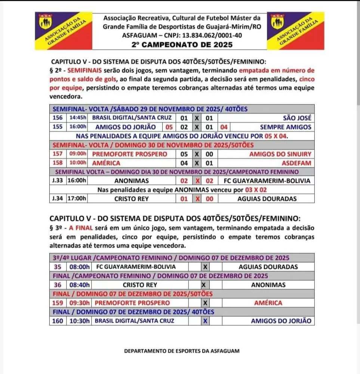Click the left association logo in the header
(x=63, y=31)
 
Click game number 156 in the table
(x=58, y=118)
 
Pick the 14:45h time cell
(x=78, y=118)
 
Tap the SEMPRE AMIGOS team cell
(x=286, y=127)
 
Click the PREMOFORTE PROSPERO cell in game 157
(x=129, y=154)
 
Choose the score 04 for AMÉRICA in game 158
(x=184, y=163)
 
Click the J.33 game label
(x=58, y=181)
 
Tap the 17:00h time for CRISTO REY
(x=78, y=199)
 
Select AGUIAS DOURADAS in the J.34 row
(x=267, y=199)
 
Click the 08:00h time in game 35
(x=79, y=267)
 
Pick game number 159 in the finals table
(x=58, y=303)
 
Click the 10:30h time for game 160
(x=79, y=321)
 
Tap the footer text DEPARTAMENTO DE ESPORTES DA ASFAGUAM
(x=181, y=351)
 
